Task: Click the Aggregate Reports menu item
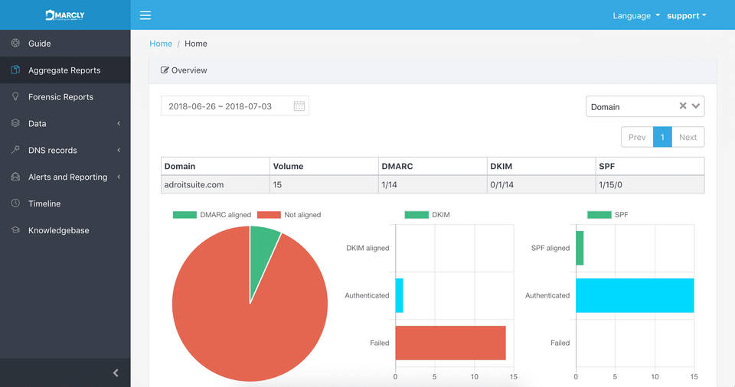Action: (x=64, y=70)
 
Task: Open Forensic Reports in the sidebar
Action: (x=60, y=97)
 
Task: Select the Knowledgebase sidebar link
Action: (x=58, y=230)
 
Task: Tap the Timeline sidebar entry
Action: (x=44, y=203)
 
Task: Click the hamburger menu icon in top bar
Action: (x=145, y=15)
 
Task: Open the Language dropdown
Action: (x=635, y=15)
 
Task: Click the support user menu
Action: (x=686, y=15)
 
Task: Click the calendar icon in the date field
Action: (x=299, y=106)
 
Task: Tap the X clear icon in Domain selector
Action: (x=683, y=106)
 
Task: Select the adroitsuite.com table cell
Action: (x=194, y=184)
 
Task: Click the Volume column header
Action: (x=288, y=166)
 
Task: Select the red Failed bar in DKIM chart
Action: (x=450, y=343)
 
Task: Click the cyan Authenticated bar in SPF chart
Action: (x=635, y=295)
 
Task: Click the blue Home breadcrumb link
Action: (x=161, y=44)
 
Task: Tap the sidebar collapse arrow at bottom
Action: (x=116, y=373)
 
